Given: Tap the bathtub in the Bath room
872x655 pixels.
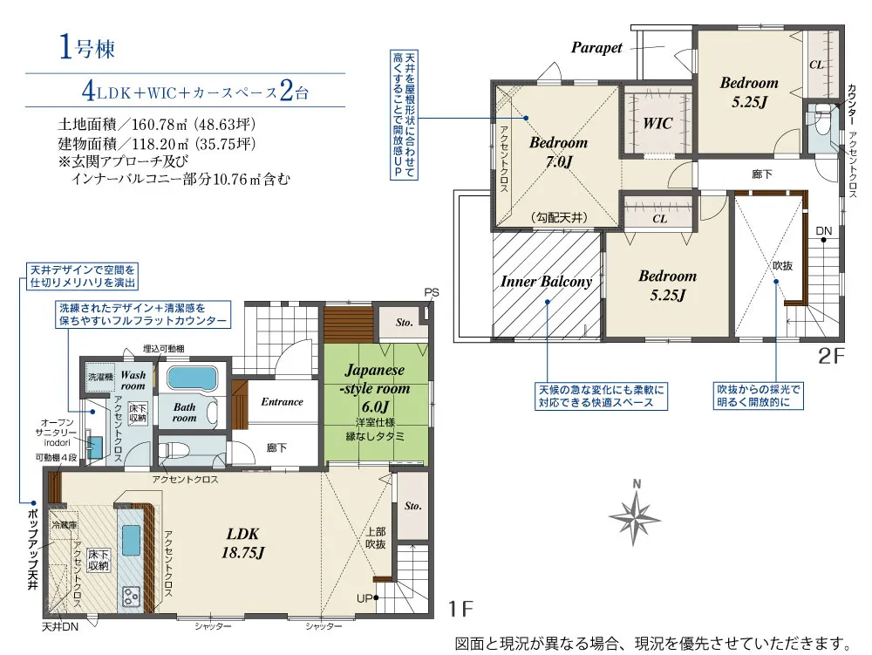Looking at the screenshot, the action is click(191, 379).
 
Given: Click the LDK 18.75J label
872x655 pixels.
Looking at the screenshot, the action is click(243, 542).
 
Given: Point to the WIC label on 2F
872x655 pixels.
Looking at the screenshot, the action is click(657, 123).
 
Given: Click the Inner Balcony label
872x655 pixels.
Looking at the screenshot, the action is click(546, 282).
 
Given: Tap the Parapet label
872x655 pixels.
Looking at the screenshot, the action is click(596, 48).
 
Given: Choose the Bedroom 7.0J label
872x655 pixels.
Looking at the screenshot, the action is click(558, 152).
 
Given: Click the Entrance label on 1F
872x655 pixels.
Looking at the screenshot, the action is click(282, 401).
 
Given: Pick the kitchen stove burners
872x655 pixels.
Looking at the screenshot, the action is click(132, 597).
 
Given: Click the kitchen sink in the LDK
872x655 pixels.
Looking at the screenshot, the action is click(131, 540).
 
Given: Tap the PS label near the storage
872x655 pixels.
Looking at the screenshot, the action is click(432, 292).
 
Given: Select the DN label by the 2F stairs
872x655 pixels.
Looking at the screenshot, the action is click(824, 231).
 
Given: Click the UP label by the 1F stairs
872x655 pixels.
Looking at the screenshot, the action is click(364, 598).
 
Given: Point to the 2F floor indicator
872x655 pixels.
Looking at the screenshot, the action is click(831, 356).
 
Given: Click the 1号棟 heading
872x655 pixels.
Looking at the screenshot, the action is click(86, 47).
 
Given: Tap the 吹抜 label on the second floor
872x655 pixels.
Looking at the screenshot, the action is click(782, 266).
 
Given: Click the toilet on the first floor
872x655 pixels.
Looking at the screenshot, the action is click(171, 447).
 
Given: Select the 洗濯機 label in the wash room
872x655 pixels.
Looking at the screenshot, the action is click(100, 377).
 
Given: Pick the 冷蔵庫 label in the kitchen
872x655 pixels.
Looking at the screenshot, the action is click(64, 524).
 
